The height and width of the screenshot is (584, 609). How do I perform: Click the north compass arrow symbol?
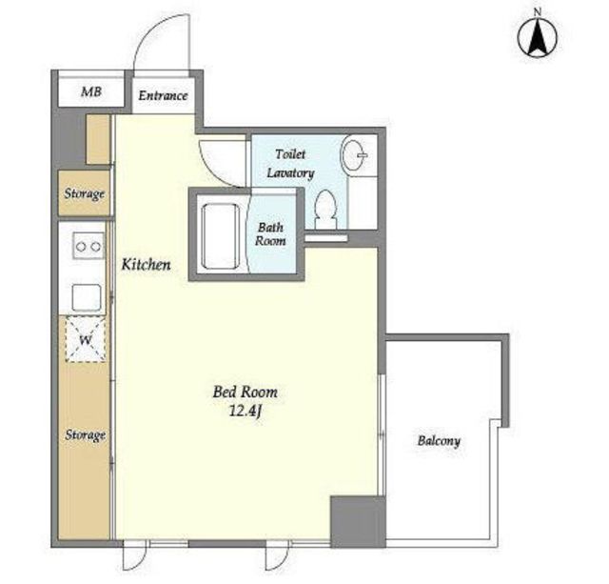tap(538, 38)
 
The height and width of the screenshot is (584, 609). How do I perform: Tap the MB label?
tap(91, 91)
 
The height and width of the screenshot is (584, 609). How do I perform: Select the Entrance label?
tap(163, 95)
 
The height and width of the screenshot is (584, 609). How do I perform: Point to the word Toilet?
tap(290, 154)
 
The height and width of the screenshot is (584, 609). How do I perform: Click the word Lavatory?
tap(290, 173)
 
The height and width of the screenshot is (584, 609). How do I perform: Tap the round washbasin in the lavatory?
tap(354, 155)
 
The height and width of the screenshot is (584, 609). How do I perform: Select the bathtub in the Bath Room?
tap(221, 236)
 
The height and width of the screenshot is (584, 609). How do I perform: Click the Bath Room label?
tap(270, 234)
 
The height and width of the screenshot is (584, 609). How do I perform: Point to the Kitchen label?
tap(146, 265)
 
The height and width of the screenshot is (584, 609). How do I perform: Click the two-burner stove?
tap(88, 246)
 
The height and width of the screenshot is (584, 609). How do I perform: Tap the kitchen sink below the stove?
tap(87, 297)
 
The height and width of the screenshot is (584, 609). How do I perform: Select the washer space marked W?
tap(86, 339)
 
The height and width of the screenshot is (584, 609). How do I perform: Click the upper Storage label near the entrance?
tap(85, 193)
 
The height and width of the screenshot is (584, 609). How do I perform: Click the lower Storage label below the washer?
tap(85, 434)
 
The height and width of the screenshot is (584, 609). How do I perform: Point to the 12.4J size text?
tap(245, 412)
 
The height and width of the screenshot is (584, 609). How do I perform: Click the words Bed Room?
tap(246, 392)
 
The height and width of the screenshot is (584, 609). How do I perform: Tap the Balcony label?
tap(439, 441)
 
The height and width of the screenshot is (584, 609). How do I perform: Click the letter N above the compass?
tap(538, 12)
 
